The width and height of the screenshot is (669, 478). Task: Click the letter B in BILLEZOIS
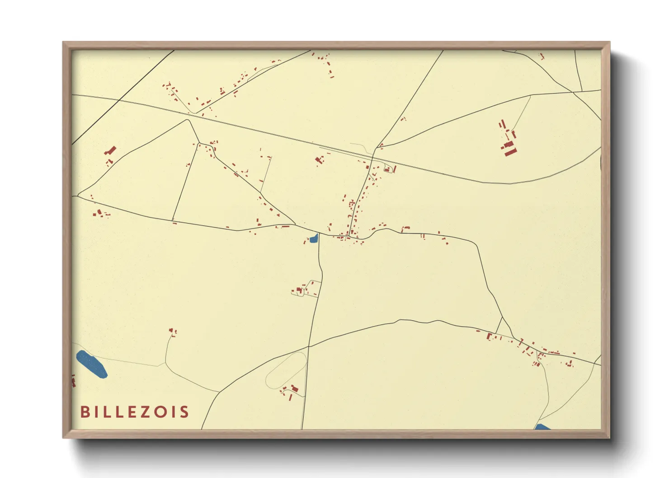pos(85,412)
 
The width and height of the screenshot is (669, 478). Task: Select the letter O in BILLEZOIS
pos(160,412)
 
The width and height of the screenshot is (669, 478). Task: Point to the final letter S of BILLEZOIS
pos(184,412)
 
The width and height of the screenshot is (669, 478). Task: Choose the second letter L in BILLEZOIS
pos(118,412)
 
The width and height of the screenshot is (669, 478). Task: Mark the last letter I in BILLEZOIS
pos(173,412)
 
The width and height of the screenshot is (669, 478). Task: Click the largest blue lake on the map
pos(91,364)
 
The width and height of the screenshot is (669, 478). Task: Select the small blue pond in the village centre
pos(313,239)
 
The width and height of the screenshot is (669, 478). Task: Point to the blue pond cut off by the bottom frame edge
pos(542,427)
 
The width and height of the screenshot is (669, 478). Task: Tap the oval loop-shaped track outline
pos(286,370)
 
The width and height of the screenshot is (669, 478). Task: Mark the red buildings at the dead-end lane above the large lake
pos(173,332)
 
